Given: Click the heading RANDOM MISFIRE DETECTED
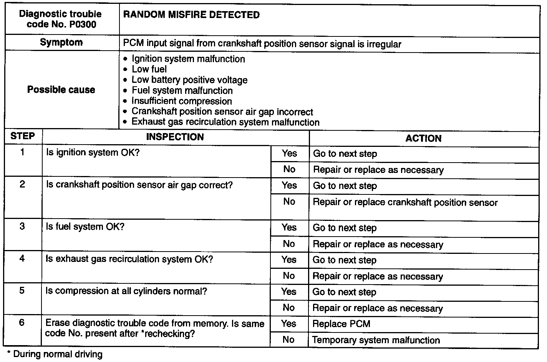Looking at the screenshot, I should point(191,15).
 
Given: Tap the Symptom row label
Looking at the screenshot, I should point(61,43).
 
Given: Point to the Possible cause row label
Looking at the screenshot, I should point(61,90).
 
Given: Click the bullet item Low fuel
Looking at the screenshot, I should point(149,69).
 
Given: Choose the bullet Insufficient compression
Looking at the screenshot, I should point(182,101).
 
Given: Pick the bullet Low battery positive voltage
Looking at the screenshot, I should point(189,80).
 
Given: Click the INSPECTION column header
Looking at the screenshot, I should point(175,137).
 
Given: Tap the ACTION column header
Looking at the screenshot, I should point(423,138).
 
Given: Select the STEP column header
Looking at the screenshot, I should point(23,136).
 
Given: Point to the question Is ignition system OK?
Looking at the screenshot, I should point(93,153).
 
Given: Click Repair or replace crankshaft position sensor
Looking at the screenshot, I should point(405,202).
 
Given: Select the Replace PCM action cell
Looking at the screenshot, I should point(341,324).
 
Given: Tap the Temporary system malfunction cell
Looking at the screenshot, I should point(376,340).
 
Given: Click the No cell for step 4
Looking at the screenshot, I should point(289,276).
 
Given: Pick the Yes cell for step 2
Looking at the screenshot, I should point(289,186).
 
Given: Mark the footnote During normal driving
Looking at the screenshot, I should point(55,354).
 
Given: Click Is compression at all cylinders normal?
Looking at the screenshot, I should point(126,291).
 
